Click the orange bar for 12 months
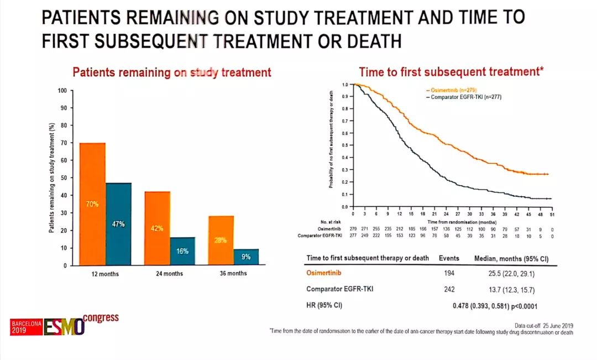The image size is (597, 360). tap(92, 204)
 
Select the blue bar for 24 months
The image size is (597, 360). tap(183, 252)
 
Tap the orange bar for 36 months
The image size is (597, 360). tap(221, 241)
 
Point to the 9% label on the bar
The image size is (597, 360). tap(246, 257)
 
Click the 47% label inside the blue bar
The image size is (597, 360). tap(118, 225)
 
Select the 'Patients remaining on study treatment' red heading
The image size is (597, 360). tap(172, 72)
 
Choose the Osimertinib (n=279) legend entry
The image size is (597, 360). tap(451, 90)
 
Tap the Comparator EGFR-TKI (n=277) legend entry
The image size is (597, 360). tap(463, 97)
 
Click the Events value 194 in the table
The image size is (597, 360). tap(449, 273)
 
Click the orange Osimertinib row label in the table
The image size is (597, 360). tap(326, 273)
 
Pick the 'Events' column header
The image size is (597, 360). tap(449, 258)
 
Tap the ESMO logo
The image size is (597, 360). tap(65, 326)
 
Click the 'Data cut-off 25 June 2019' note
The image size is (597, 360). tap(543, 326)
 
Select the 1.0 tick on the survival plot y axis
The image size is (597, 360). tap(345, 85)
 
